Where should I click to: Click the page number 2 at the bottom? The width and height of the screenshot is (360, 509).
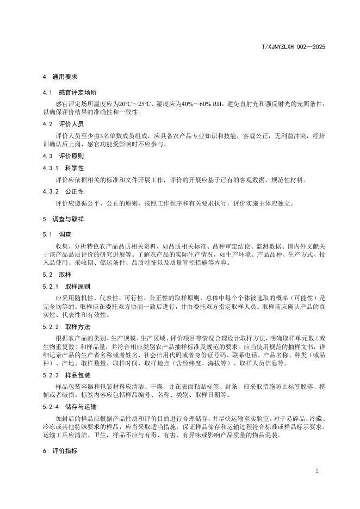[x=316, y=469]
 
